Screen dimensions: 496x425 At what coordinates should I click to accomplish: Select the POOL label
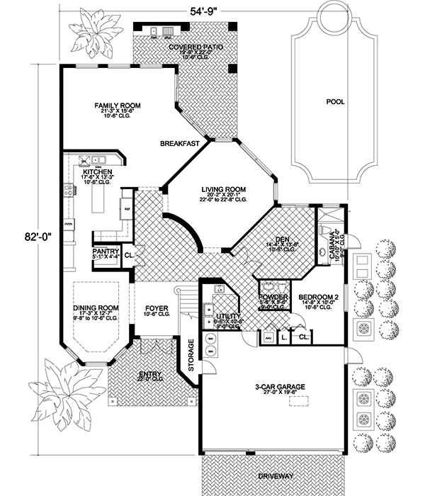click(x=335, y=102)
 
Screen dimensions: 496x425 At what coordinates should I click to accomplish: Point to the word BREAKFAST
click(x=178, y=143)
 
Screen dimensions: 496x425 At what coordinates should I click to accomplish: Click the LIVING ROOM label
click(x=222, y=189)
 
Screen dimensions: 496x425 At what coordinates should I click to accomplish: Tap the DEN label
click(x=280, y=238)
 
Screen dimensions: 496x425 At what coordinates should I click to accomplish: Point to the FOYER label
click(x=156, y=308)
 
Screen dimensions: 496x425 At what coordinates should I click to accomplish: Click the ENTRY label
click(x=152, y=373)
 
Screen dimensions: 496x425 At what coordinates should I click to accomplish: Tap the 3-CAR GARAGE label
click(x=280, y=387)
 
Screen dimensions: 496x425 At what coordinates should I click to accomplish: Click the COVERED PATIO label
click(x=196, y=47)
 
